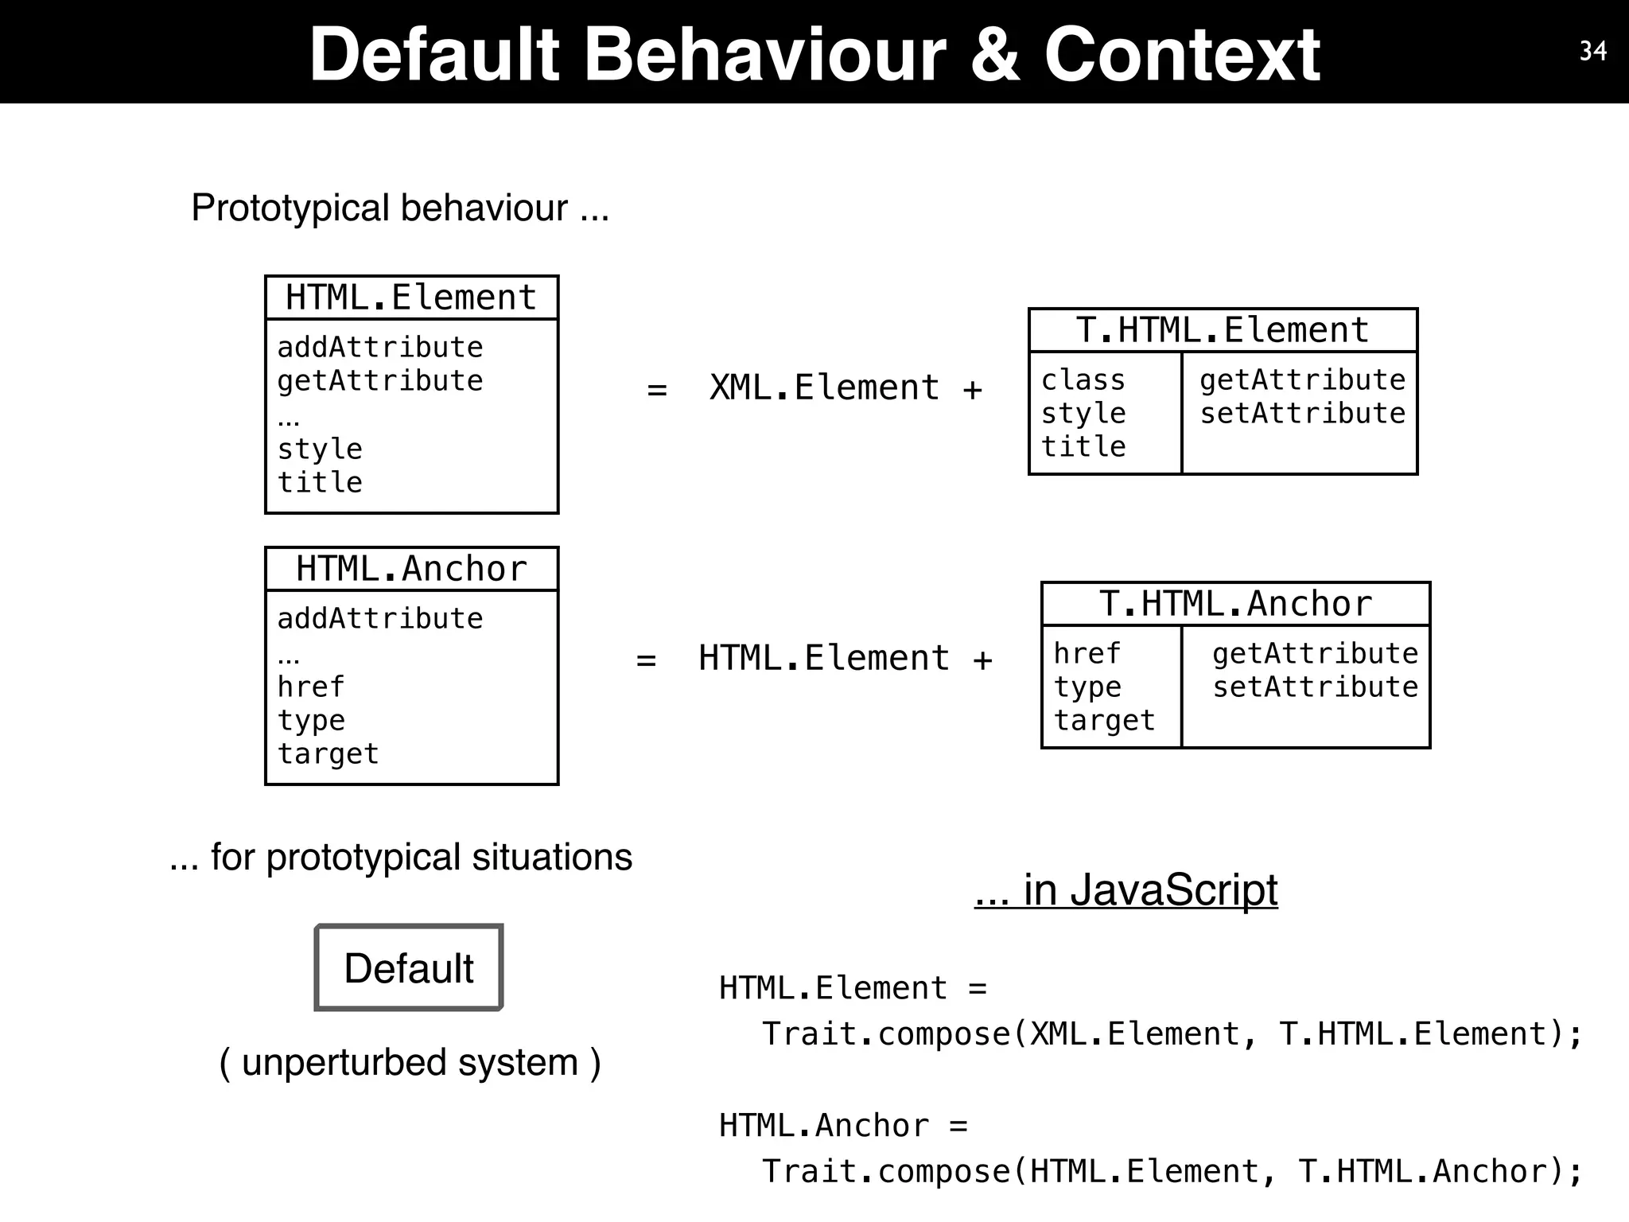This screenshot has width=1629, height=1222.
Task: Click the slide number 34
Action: click(x=1592, y=51)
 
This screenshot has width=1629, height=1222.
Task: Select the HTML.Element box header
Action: click(x=411, y=298)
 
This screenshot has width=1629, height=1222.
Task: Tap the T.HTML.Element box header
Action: click(x=1223, y=330)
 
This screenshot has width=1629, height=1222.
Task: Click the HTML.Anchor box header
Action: click(x=411, y=569)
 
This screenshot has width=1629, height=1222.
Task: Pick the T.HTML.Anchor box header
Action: click(x=1235, y=604)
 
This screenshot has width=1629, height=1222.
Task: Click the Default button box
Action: click(x=409, y=967)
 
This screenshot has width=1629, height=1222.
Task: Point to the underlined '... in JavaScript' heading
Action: click(x=1126, y=889)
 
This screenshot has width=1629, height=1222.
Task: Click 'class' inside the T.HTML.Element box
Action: click(x=1083, y=380)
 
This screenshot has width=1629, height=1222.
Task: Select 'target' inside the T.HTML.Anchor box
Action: click(x=1104, y=720)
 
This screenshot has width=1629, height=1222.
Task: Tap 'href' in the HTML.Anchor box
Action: click(x=311, y=687)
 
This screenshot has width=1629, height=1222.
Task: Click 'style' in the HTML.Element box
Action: click(x=320, y=449)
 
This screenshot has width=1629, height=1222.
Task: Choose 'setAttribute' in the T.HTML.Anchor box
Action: click(x=1315, y=687)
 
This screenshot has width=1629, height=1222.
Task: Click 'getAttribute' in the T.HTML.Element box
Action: click(x=1302, y=380)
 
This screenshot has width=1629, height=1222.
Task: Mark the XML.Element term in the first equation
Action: click(x=824, y=388)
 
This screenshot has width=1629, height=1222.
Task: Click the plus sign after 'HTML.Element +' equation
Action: click(x=983, y=660)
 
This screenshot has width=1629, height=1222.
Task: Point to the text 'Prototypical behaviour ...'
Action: click(x=400, y=208)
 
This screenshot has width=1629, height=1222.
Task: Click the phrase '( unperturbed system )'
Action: click(x=410, y=1063)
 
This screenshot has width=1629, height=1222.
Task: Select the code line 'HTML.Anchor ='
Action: click(x=843, y=1126)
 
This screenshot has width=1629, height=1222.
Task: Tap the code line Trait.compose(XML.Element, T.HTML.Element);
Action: click(x=1172, y=1034)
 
